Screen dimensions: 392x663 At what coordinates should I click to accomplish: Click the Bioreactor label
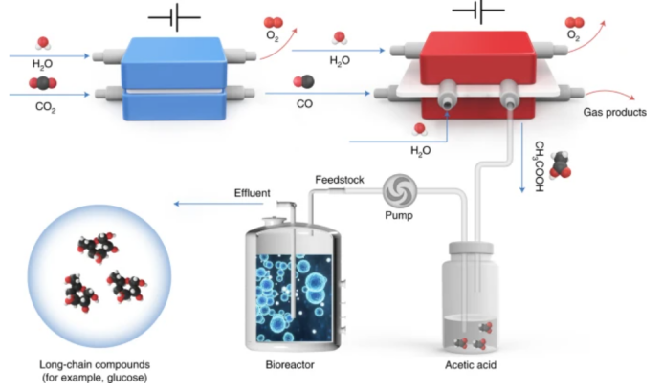tap(291, 365)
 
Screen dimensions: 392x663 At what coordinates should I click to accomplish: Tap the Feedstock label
tap(339, 180)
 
